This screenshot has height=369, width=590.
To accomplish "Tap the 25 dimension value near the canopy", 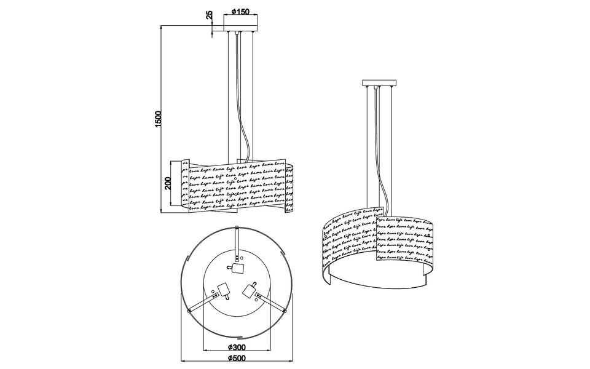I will (x=210, y=15).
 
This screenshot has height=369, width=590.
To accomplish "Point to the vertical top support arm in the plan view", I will (x=237, y=243).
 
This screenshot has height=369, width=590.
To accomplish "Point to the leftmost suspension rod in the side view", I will (x=231, y=92).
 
